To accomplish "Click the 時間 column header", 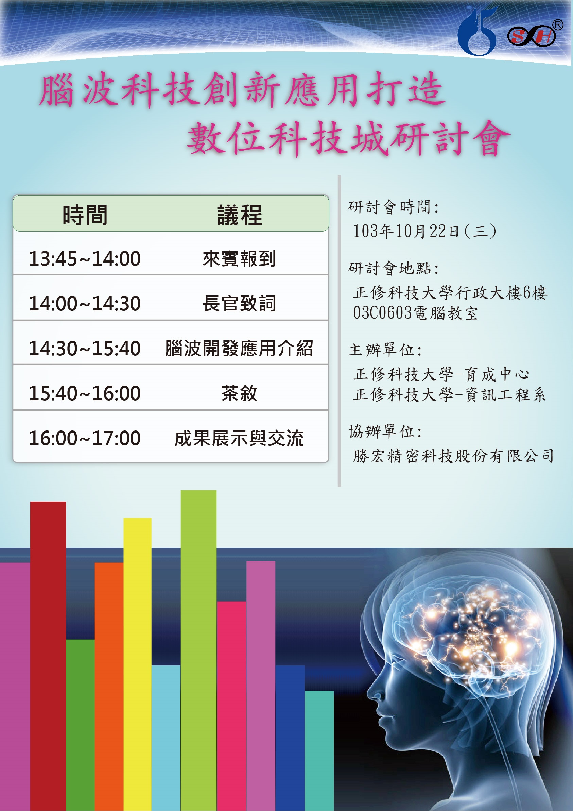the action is tap(85, 215).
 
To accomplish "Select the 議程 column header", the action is tap(239, 215).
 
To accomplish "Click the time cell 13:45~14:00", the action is tap(85, 258).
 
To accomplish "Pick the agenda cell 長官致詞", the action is tap(239, 303).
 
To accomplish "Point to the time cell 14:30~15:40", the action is tap(85, 348).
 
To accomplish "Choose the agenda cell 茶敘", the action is tap(239, 393).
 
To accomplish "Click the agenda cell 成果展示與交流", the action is tap(239, 438).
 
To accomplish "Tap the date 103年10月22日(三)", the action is tap(425, 231).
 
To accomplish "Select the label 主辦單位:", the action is tap(385, 350).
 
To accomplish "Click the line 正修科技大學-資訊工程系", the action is tap(449, 394).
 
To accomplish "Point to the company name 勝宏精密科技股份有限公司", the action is tap(454, 456).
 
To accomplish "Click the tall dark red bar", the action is tap(48, 656).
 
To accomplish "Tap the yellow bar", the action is tap(137, 664).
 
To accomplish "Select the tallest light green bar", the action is tap(198, 650).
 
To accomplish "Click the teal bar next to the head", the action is tap(319, 750).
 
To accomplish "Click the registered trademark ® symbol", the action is tap(558, 24).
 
